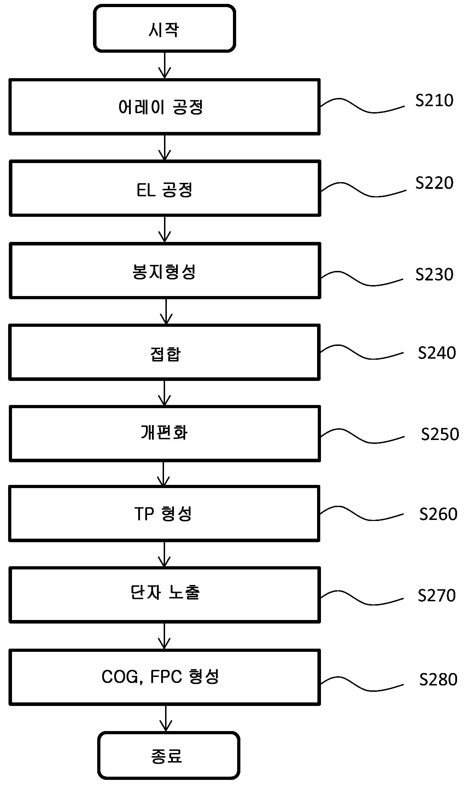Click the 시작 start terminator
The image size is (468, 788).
164,28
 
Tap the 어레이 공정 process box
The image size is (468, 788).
165,107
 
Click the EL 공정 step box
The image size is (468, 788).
165,188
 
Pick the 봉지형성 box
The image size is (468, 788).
165,271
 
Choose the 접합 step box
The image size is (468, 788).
165,352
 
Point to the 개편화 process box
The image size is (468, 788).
165,434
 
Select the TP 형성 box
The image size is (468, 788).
164,514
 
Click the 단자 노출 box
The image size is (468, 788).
165,595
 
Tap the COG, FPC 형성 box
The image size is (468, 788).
165,677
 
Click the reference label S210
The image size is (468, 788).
434,100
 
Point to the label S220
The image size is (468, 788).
434,183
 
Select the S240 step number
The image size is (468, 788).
437,353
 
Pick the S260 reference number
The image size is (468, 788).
438,514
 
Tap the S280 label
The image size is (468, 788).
438,679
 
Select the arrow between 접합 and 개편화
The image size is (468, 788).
165,393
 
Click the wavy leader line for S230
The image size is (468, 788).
362,279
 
